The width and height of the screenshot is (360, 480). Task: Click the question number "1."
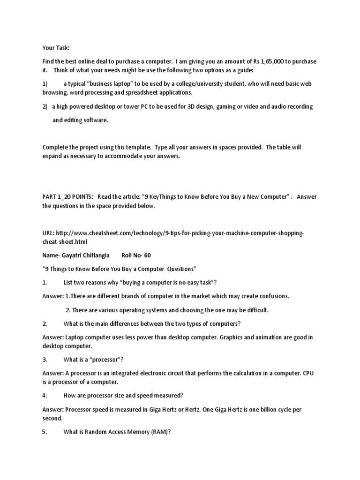[45, 283]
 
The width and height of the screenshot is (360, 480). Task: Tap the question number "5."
[45, 433]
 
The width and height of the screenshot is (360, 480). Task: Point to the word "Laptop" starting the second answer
[75, 337]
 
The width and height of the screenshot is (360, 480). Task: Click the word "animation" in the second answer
[263, 337]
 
